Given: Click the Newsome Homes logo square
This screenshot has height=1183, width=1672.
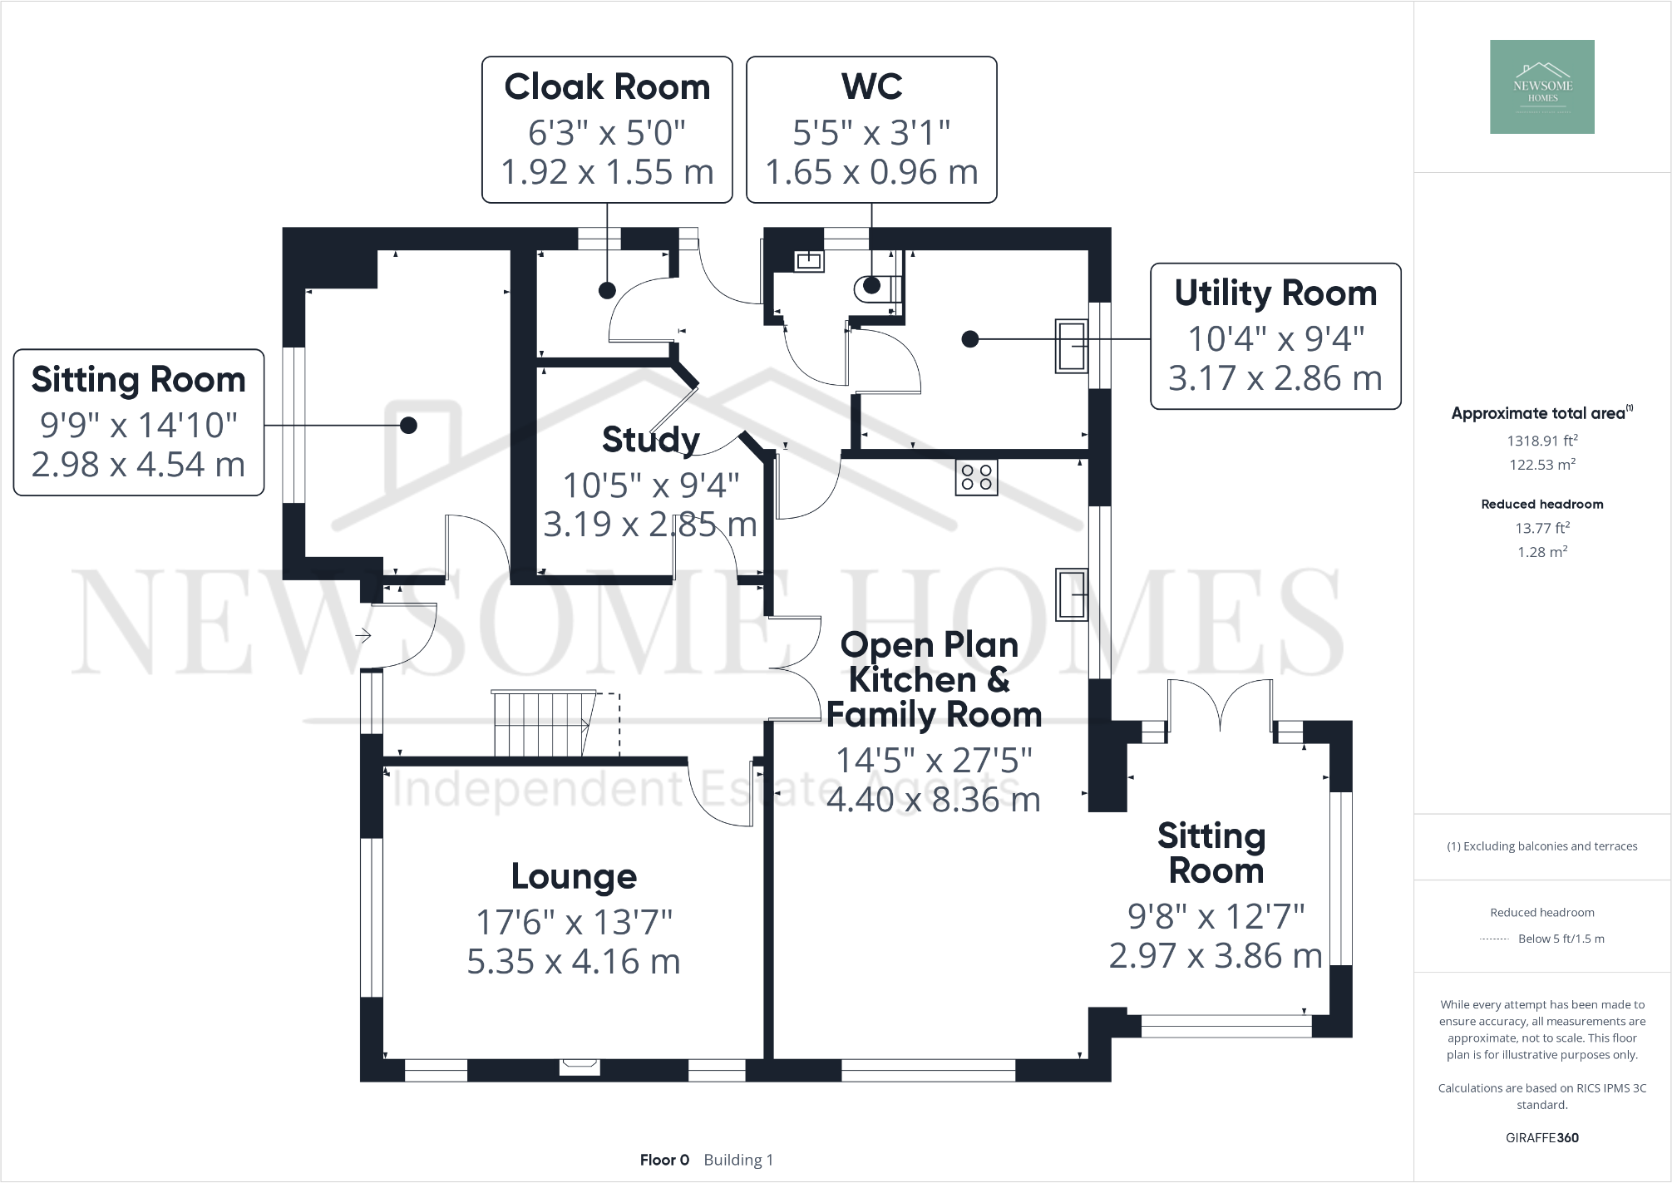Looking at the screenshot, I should [1541, 86].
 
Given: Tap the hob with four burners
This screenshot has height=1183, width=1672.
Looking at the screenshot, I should [975, 477].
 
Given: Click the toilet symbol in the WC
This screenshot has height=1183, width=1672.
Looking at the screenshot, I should [876, 288].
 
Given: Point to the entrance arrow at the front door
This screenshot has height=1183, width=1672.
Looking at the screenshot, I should [363, 636].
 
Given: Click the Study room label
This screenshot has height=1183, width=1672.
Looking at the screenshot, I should [650, 440].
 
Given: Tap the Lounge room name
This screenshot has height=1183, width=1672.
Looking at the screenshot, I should [574, 876].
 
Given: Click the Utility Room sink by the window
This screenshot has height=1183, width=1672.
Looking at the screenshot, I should [1072, 346].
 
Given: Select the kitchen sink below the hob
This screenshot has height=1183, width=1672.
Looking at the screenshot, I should [1072, 594].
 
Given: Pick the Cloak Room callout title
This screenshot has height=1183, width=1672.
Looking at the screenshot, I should [607, 87].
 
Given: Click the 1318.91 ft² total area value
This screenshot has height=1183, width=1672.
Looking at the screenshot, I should [1542, 441].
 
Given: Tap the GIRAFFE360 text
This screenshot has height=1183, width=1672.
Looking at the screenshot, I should [1541, 1137].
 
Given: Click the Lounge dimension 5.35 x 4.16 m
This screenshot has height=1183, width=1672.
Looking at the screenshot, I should [574, 962].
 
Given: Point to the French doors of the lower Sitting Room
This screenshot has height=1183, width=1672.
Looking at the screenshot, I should [1220, 707].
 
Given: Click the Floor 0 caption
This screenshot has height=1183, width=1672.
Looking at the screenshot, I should [664, 1160].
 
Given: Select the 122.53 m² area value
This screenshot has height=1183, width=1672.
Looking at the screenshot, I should [1542, 465].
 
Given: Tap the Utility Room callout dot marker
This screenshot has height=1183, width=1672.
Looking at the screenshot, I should [969, 339].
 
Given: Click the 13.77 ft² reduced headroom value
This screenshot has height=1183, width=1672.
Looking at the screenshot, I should [1542, 528].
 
